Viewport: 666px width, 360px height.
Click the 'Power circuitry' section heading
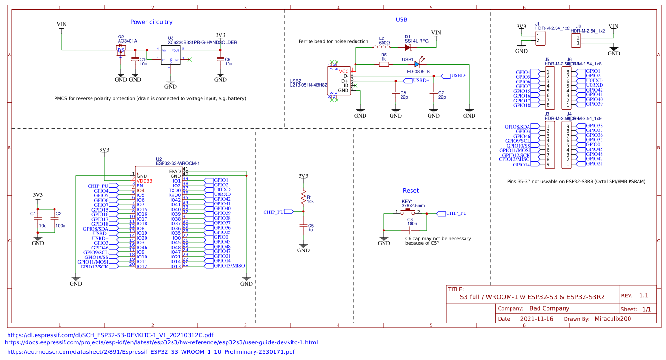[151, 22]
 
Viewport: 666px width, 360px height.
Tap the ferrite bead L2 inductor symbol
[381, 47]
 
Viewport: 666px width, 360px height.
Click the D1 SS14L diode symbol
[408, 47]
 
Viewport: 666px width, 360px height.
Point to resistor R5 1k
[383, 64]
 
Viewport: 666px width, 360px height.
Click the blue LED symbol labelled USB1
[418, 64]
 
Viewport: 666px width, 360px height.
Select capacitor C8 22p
[396, 94]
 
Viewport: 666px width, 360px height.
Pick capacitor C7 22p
[433, 94]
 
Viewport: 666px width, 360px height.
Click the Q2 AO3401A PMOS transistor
[121, 50]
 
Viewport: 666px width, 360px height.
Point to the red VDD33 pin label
[145, 181]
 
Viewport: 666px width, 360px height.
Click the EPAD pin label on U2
[174, 171]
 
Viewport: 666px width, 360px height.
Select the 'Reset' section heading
[411, 190]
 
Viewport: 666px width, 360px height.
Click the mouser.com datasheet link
[151, 352]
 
